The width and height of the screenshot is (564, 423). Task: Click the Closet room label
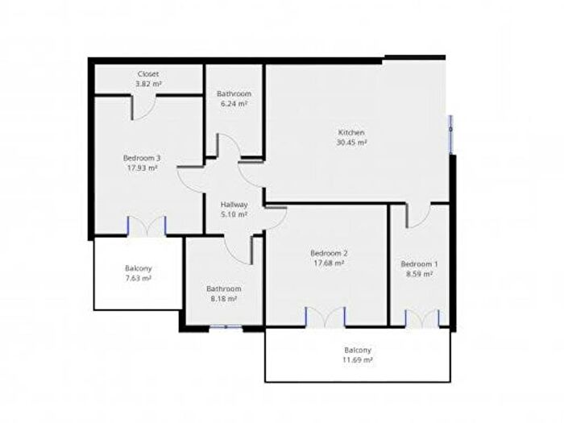[148, 74]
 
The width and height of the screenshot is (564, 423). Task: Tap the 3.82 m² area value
[148, 84]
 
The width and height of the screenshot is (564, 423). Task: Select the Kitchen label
[351, 132]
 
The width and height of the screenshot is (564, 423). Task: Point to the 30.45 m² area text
[351, 143]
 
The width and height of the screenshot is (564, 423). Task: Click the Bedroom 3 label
[142, 158]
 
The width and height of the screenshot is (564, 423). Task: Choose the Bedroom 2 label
[329, 253]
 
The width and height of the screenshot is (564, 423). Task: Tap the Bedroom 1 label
[420, 264]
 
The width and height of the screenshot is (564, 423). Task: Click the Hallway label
[234, 205]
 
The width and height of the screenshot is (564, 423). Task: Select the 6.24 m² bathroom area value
[234, 104]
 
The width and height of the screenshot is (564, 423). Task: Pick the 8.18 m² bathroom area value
[223, 299]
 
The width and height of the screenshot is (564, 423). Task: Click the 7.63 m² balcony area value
[138, 279]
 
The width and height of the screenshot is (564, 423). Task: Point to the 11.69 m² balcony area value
[358, 360]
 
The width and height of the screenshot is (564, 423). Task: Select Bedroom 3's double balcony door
[147, 226]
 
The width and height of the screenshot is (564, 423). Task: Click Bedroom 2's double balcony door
[326, 317]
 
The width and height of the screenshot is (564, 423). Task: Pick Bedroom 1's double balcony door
[422, 319]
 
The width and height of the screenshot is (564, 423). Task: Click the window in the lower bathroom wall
[226, 327]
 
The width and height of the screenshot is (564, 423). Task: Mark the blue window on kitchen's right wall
[450, 135]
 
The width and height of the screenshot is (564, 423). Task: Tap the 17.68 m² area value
[329, 263]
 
